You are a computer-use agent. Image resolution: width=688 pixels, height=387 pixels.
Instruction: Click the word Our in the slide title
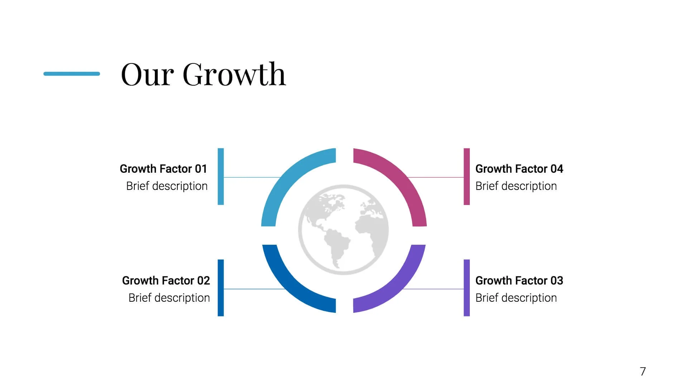(x=148, y=75)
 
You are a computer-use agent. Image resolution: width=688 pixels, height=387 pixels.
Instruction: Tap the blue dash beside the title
(x=72, y=74)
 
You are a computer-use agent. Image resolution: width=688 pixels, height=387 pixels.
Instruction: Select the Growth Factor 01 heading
(x=163, y=169)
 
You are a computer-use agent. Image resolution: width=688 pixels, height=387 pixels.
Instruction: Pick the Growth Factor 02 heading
(x=166, y=281)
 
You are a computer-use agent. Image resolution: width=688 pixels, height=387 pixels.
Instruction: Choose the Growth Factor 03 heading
(x=519, y=281)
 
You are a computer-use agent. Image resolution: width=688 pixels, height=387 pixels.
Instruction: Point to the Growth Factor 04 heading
(x=519, y=169)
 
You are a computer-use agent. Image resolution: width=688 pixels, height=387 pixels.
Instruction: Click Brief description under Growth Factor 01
(x=167, y=186)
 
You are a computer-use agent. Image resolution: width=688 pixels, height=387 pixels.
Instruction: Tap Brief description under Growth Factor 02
(x=169, y=298)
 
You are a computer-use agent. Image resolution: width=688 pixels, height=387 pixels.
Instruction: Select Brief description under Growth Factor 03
(x=516, y=298)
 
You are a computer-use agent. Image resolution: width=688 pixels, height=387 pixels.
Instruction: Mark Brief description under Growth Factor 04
(x=516, y=186)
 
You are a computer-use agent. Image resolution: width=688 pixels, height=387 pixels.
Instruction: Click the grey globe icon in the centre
(x=343, y=230)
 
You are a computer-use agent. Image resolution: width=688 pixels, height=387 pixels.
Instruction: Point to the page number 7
(x=643, y=372)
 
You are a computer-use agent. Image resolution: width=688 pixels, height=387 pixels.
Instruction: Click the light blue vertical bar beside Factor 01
(x=221, y=177)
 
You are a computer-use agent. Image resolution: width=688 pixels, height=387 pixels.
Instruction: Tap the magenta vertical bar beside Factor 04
(x=467, y=177)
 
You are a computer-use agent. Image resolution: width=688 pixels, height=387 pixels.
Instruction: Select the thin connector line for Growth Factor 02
(x=254, y=289)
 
